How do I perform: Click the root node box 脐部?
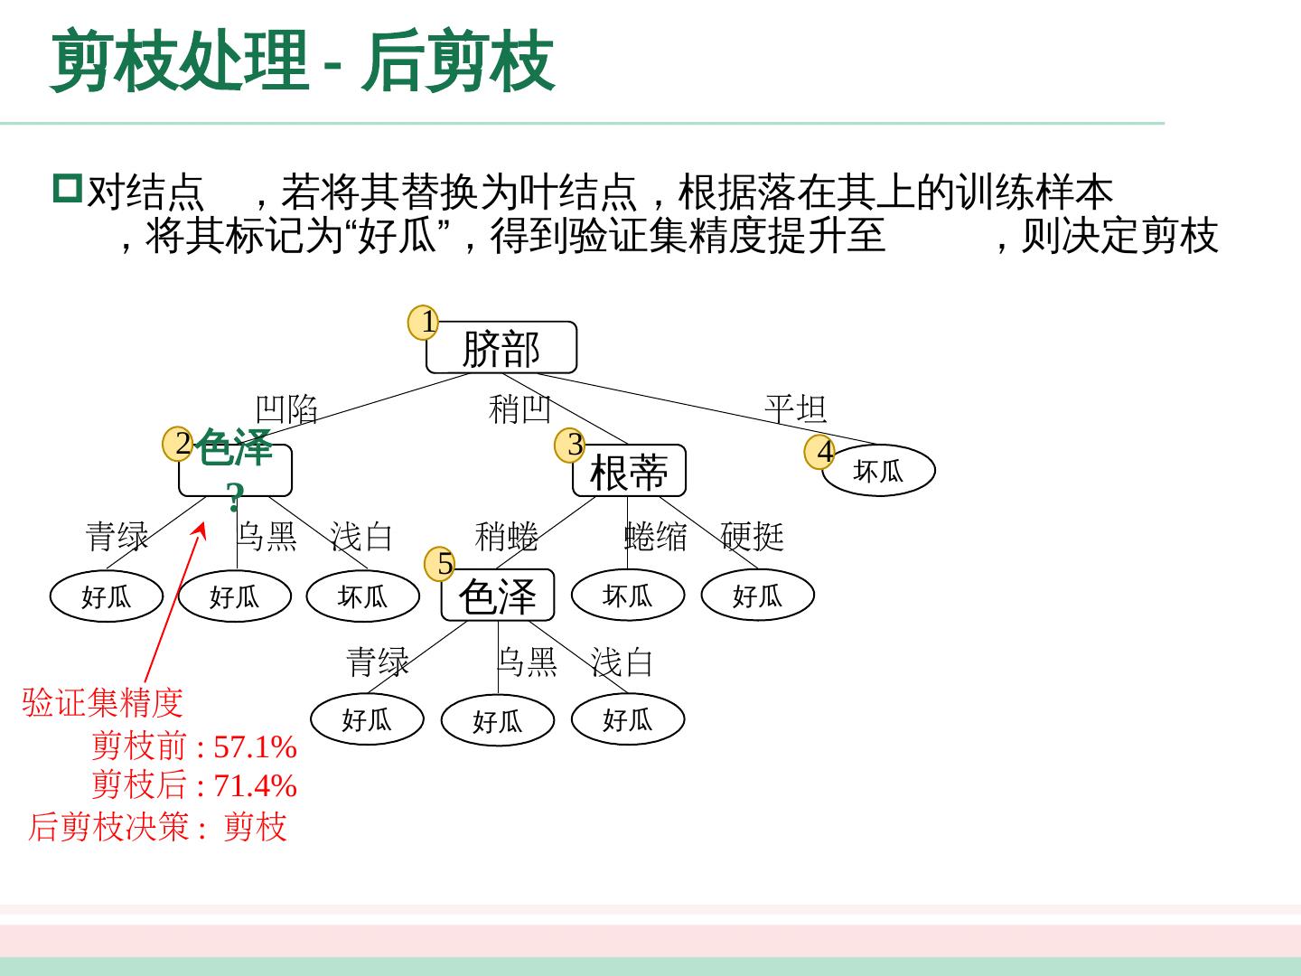coord(501,348)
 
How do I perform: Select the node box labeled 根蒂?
coord(629,472)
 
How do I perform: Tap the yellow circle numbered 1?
coord(424,323)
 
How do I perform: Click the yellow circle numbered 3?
coord(571,446)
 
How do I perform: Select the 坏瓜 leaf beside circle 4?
coord(878,471)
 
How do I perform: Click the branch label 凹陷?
coord(286,409)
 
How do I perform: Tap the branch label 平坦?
coord(795,408)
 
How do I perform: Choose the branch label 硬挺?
coord(752,537)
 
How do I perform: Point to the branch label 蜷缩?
coord(655,537)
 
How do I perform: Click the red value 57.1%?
coord(255,747)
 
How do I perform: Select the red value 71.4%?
coord(255,786)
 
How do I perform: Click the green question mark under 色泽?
coord(235,496)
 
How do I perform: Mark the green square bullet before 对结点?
coord(67,188)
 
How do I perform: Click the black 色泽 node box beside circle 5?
coord(497,596)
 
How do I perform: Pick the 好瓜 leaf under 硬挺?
coord(757,596)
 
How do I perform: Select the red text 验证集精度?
coord(102,702)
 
